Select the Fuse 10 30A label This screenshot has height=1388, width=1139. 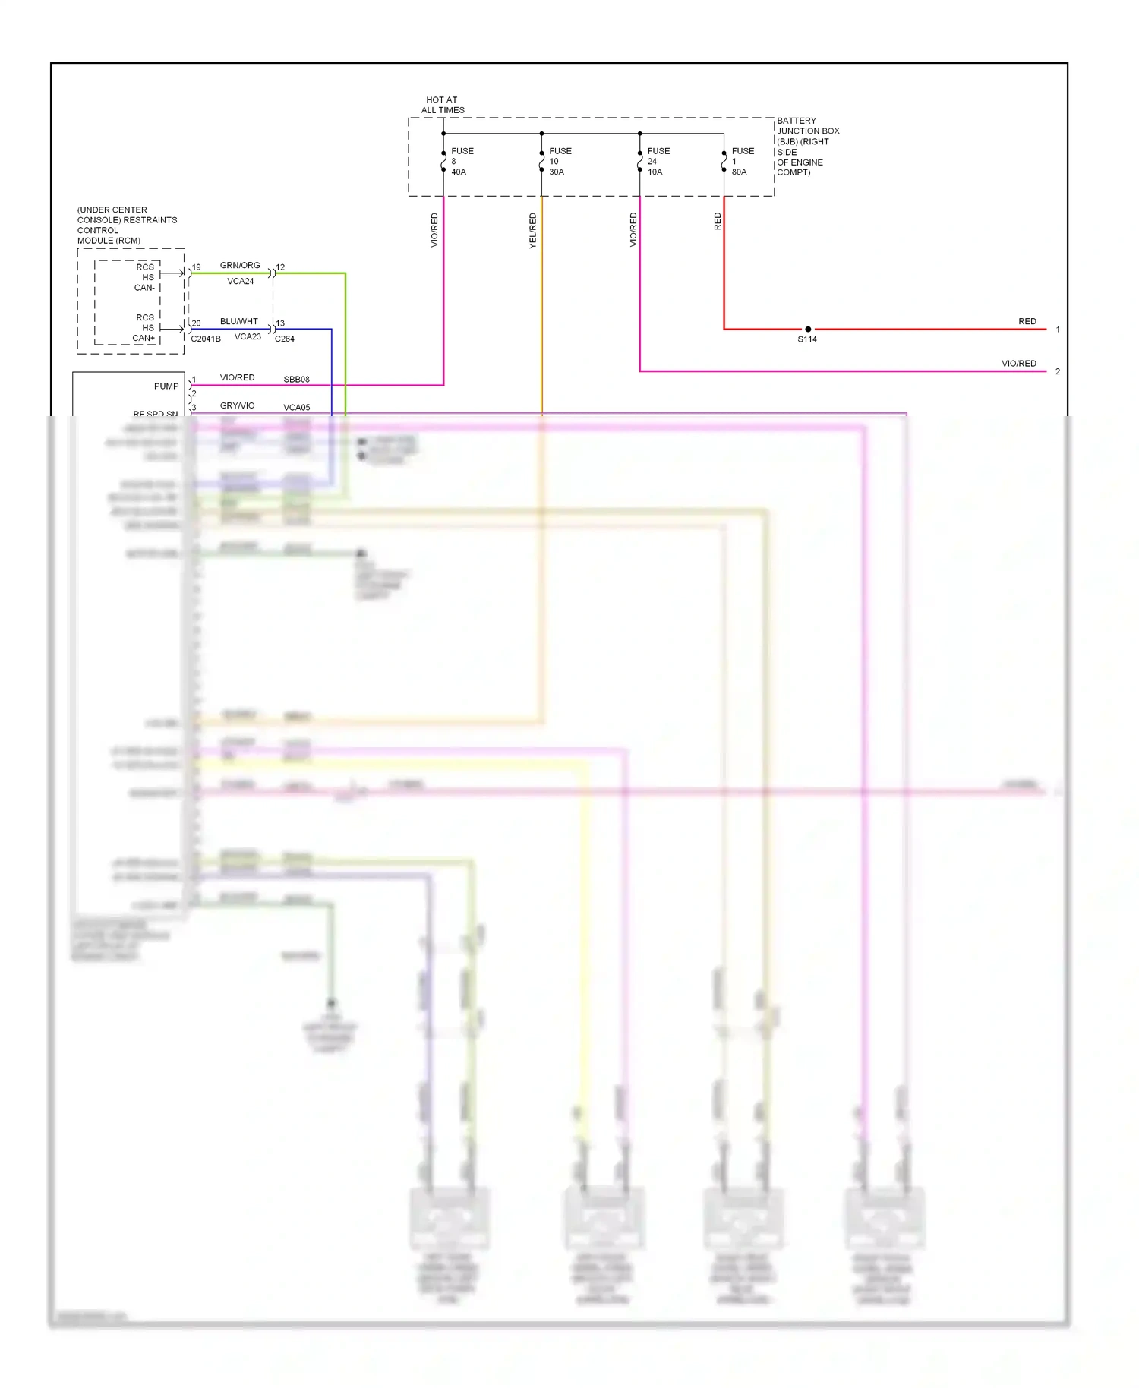pyautogui.click(x=560, y=161)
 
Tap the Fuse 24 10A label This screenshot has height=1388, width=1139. pyautogui.click(x=658, y=161)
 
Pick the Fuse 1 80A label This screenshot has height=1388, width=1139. pyautogui.click(x=742, y=161)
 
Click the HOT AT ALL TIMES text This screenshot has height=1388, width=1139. pyautogui.click(x=443, y=105)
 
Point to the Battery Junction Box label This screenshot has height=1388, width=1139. pyautogui.click(x=807, y=147)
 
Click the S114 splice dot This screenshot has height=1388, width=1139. pyautogui.click(x=808, y=330)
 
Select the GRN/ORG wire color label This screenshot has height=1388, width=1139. pyautogui.click(x=240, y=265)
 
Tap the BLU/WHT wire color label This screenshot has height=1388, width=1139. pyautogui.click(x=239, y=321)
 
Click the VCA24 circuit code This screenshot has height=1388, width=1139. pyautogui.click(x=241, y=281)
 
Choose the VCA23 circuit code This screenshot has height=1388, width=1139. pyautogui.click(x=248, y=336)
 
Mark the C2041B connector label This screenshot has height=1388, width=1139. pyautogui.click(x=206, y=339)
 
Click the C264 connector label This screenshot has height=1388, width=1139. pyautogui.click(x=285, y=339)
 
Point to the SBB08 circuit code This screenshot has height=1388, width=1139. pyautogui.click(x=296, y=379)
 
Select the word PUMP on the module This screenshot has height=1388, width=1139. pyautogui.click(x=166, y=386)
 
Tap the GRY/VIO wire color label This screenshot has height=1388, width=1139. pyautogui.click(x=238, y=405)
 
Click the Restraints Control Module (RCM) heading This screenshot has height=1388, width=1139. pyautogui.click(x=127, y=225)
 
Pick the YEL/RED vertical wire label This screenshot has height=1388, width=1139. pyautogui.click(x=533, y=230)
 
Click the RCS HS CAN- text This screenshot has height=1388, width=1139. pyautogui.click(x=145, y=277)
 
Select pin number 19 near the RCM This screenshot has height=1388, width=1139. pyautogui.click(x=197, y=267)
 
